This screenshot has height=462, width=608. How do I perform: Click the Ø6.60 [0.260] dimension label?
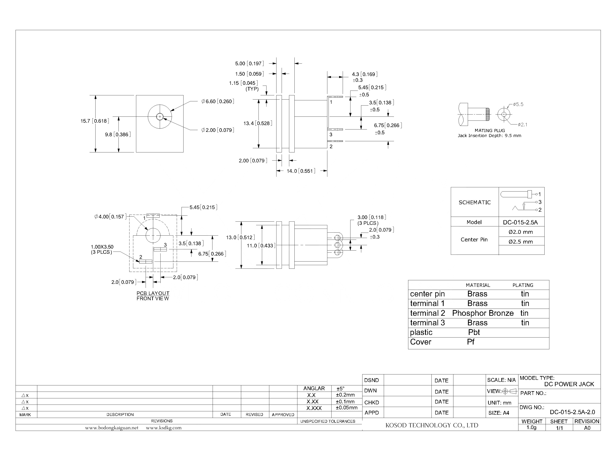point(217,102)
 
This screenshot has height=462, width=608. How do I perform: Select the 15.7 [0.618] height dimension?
point(95,121)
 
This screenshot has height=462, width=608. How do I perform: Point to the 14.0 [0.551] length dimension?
point(301,171)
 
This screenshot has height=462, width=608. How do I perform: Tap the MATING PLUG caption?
point(490,131)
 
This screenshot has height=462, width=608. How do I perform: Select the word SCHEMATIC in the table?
point(474,202)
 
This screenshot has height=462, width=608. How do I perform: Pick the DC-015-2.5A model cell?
point(520,222)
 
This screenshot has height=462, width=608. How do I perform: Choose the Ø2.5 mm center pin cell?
point(520,242)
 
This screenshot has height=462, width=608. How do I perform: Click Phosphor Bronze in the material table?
point(483,313)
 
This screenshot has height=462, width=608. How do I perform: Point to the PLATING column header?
point(522,285)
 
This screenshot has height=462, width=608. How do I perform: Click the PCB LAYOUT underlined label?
point(153,293)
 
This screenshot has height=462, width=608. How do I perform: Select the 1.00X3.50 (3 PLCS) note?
point(102,249)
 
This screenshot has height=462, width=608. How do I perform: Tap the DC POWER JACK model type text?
point(569,384)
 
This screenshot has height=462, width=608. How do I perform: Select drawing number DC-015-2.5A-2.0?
point(572,412)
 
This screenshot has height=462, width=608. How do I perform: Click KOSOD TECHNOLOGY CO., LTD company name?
point(431,425)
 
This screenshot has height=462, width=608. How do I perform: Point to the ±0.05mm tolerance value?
point(346,408)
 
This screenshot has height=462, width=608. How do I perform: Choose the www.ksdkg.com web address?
point(164,428)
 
